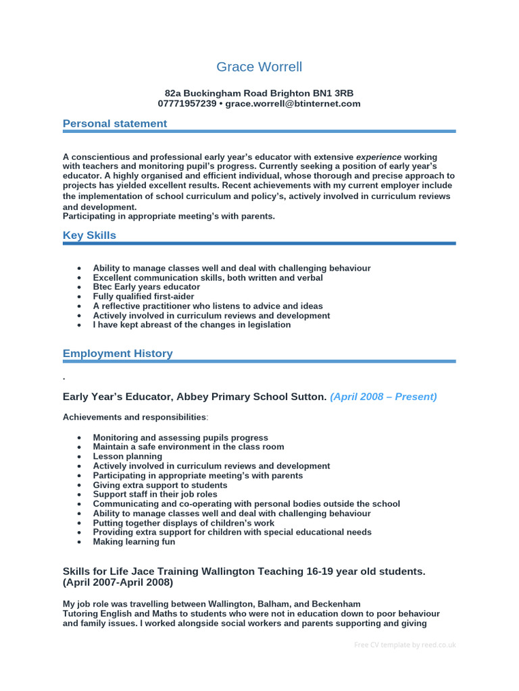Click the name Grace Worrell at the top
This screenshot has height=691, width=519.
(x=259, y=67)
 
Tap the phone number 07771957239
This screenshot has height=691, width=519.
(x=187, y=104)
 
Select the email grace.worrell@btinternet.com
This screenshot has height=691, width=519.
(x=293, y=104)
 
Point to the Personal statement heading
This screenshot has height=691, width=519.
(x=114, y=123)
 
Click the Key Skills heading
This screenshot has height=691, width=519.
(x=89, y=236)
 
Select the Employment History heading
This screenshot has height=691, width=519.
(x=118, y=354)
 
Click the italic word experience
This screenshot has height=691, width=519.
(x=378, y=157)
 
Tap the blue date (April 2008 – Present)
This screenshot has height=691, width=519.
(x=383, y=397)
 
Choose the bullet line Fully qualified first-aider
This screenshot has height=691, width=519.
(x=143, y=296)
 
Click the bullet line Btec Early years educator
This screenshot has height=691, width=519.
(x=147, y=287)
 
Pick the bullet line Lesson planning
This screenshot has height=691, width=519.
(x=127, y=456)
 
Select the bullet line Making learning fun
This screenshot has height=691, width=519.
(x=134, y=541)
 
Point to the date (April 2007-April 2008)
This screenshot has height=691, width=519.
(x=118, y=582)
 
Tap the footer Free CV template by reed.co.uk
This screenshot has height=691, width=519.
(x=405, y=645)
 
